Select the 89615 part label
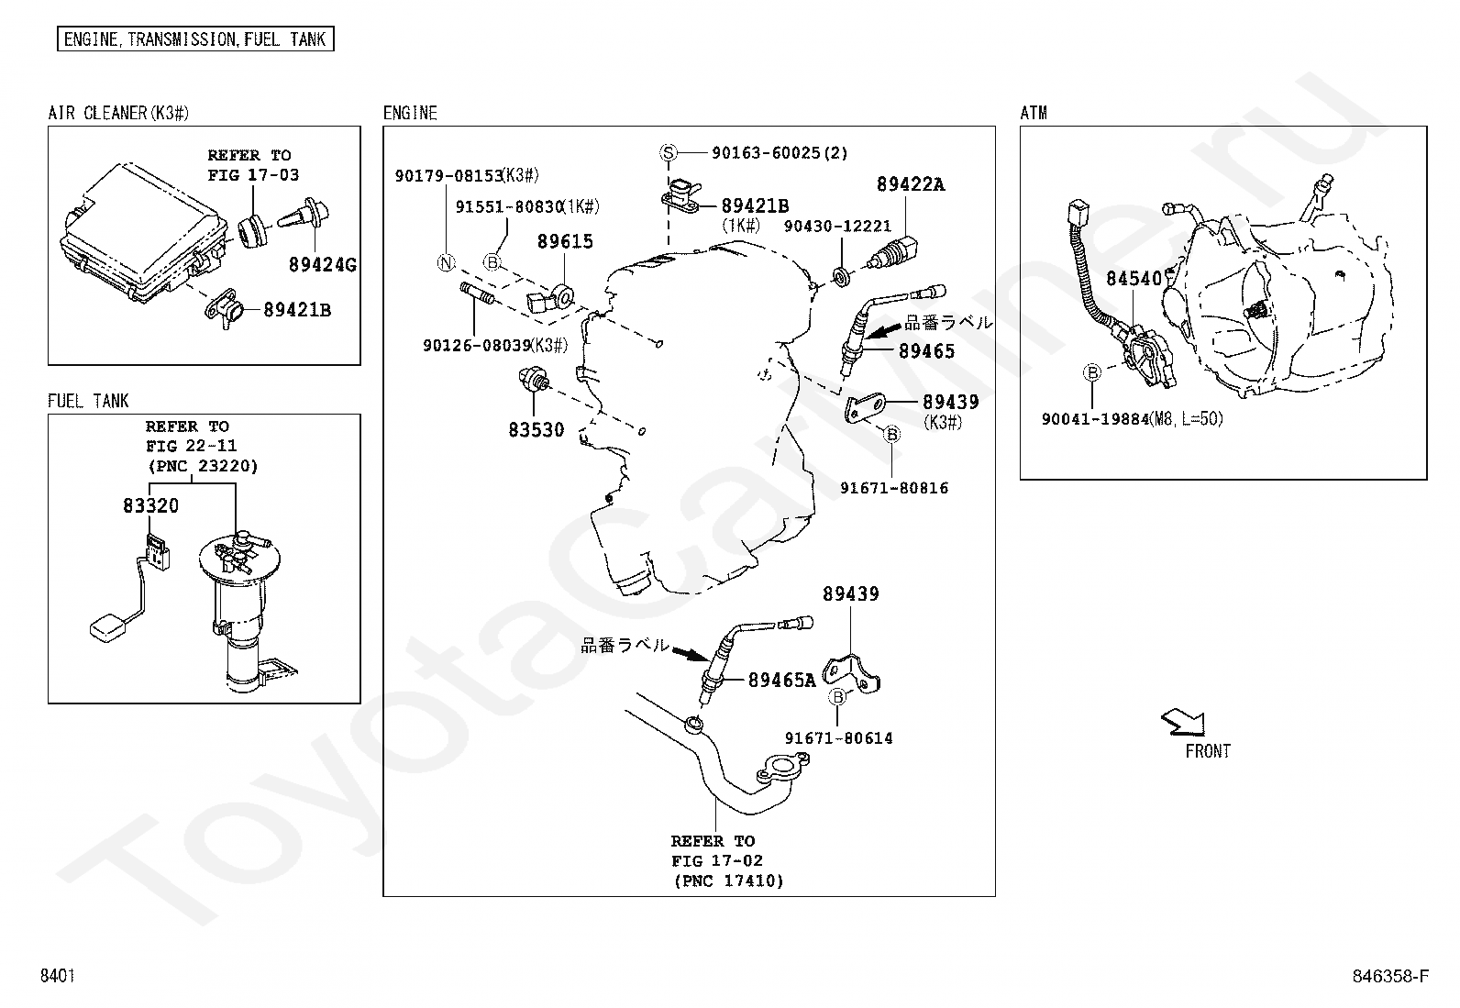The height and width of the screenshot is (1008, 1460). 565,242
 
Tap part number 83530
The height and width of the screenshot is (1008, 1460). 536,430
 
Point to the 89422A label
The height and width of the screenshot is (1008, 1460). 910,184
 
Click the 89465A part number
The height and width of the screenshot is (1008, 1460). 781,681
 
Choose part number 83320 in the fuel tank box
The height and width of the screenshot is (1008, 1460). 151,506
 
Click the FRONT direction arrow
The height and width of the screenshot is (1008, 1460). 1183,723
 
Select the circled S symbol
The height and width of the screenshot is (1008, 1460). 669,153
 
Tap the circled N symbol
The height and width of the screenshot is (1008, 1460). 445,263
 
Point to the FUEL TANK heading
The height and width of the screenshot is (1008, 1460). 88,402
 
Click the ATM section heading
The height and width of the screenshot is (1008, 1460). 1034,114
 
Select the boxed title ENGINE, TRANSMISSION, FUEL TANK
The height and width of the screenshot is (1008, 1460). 195,39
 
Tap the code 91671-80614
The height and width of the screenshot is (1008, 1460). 838,738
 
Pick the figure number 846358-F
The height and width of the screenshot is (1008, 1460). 1390,976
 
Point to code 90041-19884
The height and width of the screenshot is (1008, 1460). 1095,419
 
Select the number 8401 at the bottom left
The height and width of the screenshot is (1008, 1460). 57,976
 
